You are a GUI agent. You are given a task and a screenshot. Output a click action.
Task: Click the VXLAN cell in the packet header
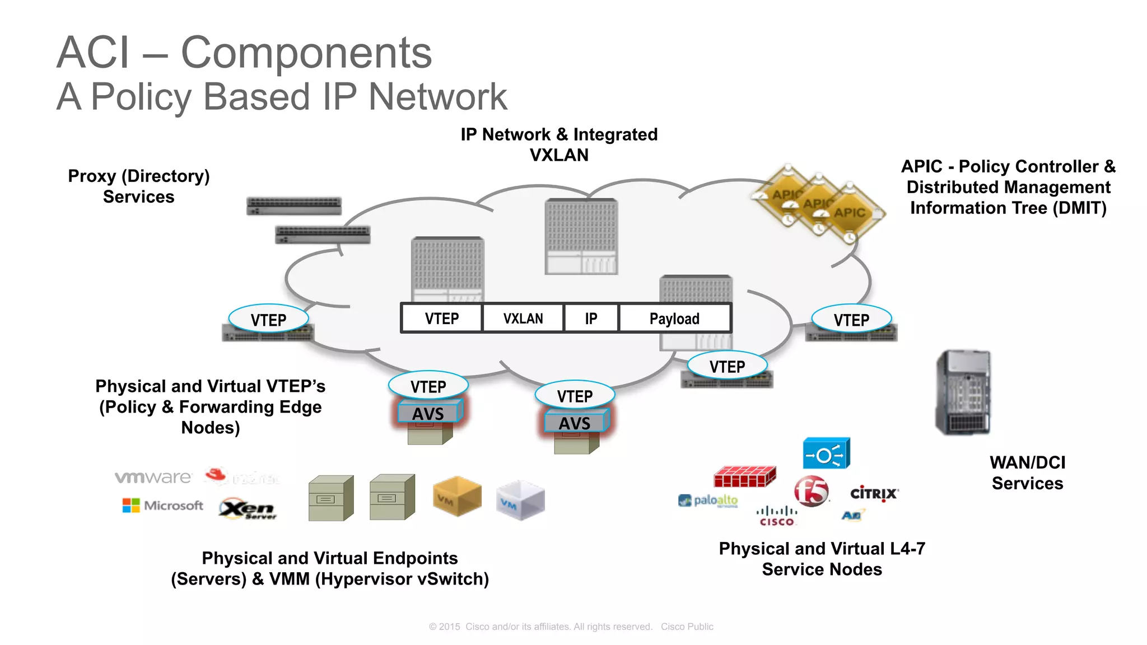coord(523,319)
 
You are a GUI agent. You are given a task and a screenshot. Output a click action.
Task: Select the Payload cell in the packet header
coord(674,319)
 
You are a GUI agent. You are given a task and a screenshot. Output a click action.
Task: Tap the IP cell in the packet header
coord(591,319)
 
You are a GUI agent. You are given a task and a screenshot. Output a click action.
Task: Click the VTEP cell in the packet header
coord(442,319)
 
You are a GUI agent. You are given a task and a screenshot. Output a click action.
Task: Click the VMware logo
coord(153,477)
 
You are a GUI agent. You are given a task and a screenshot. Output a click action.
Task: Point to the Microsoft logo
coord(163,506)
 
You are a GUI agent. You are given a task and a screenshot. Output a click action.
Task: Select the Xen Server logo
coord(248,509)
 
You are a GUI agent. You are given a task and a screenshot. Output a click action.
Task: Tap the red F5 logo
coord(811,491)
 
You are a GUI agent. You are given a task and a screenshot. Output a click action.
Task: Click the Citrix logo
coord(874,493)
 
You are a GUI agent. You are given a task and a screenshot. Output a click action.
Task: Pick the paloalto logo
coord(708,500)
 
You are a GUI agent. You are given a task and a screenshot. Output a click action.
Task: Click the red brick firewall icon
coord(744,476)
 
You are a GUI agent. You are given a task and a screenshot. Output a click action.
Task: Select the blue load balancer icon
coord(826,454)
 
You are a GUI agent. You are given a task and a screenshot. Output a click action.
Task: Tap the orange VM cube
coord(457,496)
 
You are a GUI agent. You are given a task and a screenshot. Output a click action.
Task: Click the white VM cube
coord(520,500)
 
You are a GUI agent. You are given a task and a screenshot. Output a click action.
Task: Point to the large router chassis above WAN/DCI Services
coord(963,392)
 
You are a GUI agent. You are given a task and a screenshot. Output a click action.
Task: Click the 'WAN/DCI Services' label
coord(1027,473)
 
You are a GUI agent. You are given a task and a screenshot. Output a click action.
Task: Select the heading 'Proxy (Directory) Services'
coord(139,186)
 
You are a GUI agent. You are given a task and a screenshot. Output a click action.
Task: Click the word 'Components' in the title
coord(306,53)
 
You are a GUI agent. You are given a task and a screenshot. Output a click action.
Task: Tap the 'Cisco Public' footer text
coord(687,627)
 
